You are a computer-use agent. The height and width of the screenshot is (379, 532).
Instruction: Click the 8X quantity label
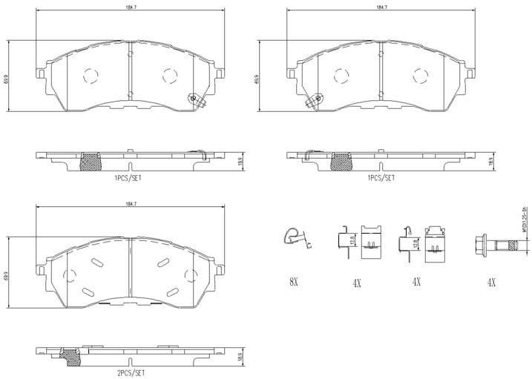click(293, 281)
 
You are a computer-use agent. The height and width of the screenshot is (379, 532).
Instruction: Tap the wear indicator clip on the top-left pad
click(196, 99)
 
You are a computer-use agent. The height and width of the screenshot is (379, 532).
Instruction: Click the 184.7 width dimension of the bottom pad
click(131, 204)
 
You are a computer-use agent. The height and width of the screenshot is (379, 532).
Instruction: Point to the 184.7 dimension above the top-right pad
click(381, 7)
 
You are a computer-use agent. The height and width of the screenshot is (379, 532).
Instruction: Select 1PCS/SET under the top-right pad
click(381, 178)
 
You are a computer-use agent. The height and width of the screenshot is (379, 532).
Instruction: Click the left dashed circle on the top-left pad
click(91, 75)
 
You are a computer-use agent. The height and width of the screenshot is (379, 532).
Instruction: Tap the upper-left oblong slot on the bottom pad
click(97, 262)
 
